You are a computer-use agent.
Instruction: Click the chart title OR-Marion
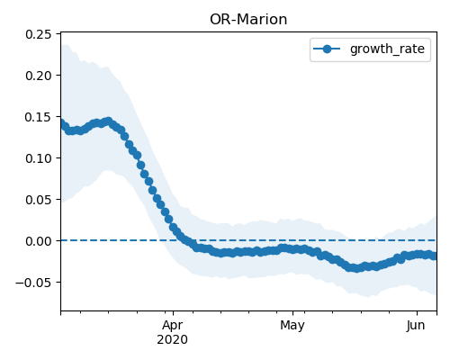[248, 20]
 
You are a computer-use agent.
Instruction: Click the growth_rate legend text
[387, 49]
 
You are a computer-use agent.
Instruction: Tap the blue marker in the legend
[327, 49]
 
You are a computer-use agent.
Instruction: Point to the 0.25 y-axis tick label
[39, 34]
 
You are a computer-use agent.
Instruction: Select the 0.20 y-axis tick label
[39, 76]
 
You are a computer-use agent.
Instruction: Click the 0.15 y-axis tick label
[39, 117]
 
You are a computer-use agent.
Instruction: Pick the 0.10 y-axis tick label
[39, 158]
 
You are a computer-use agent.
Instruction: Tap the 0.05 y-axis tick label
[39, 200]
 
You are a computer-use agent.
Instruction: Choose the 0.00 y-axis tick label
[39, 241]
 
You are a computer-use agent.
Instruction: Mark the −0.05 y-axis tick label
[33, 283]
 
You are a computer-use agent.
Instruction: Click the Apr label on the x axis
[173, 326]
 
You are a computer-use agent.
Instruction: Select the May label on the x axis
[292, 326]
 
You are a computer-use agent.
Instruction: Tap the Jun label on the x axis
[416, 325]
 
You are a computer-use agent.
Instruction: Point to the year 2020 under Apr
[172, 339]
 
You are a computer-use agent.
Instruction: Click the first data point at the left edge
[61, 123]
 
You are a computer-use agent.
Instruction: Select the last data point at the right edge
[435, 256]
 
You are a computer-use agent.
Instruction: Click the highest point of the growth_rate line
[108, 121]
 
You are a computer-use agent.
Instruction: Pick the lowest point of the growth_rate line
[355, 268]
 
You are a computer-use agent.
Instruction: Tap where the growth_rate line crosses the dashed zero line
[184, 240]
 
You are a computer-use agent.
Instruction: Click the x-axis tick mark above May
[292, 313]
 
